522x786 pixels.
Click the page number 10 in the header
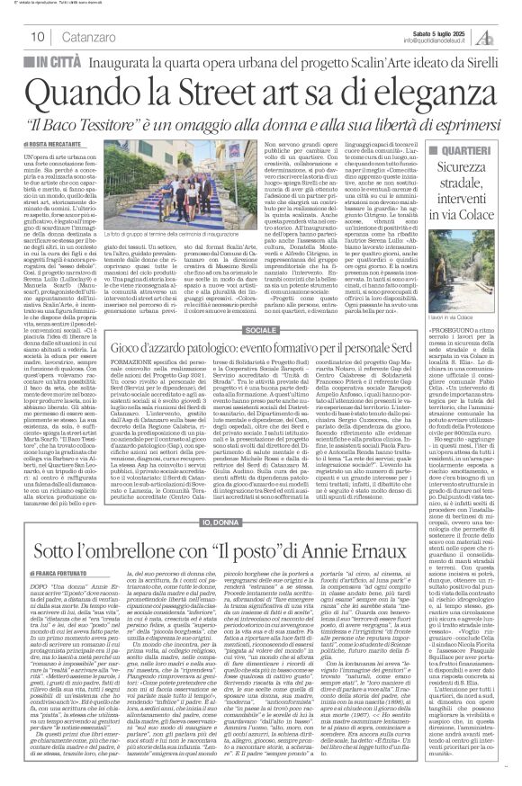coord(40,36)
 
